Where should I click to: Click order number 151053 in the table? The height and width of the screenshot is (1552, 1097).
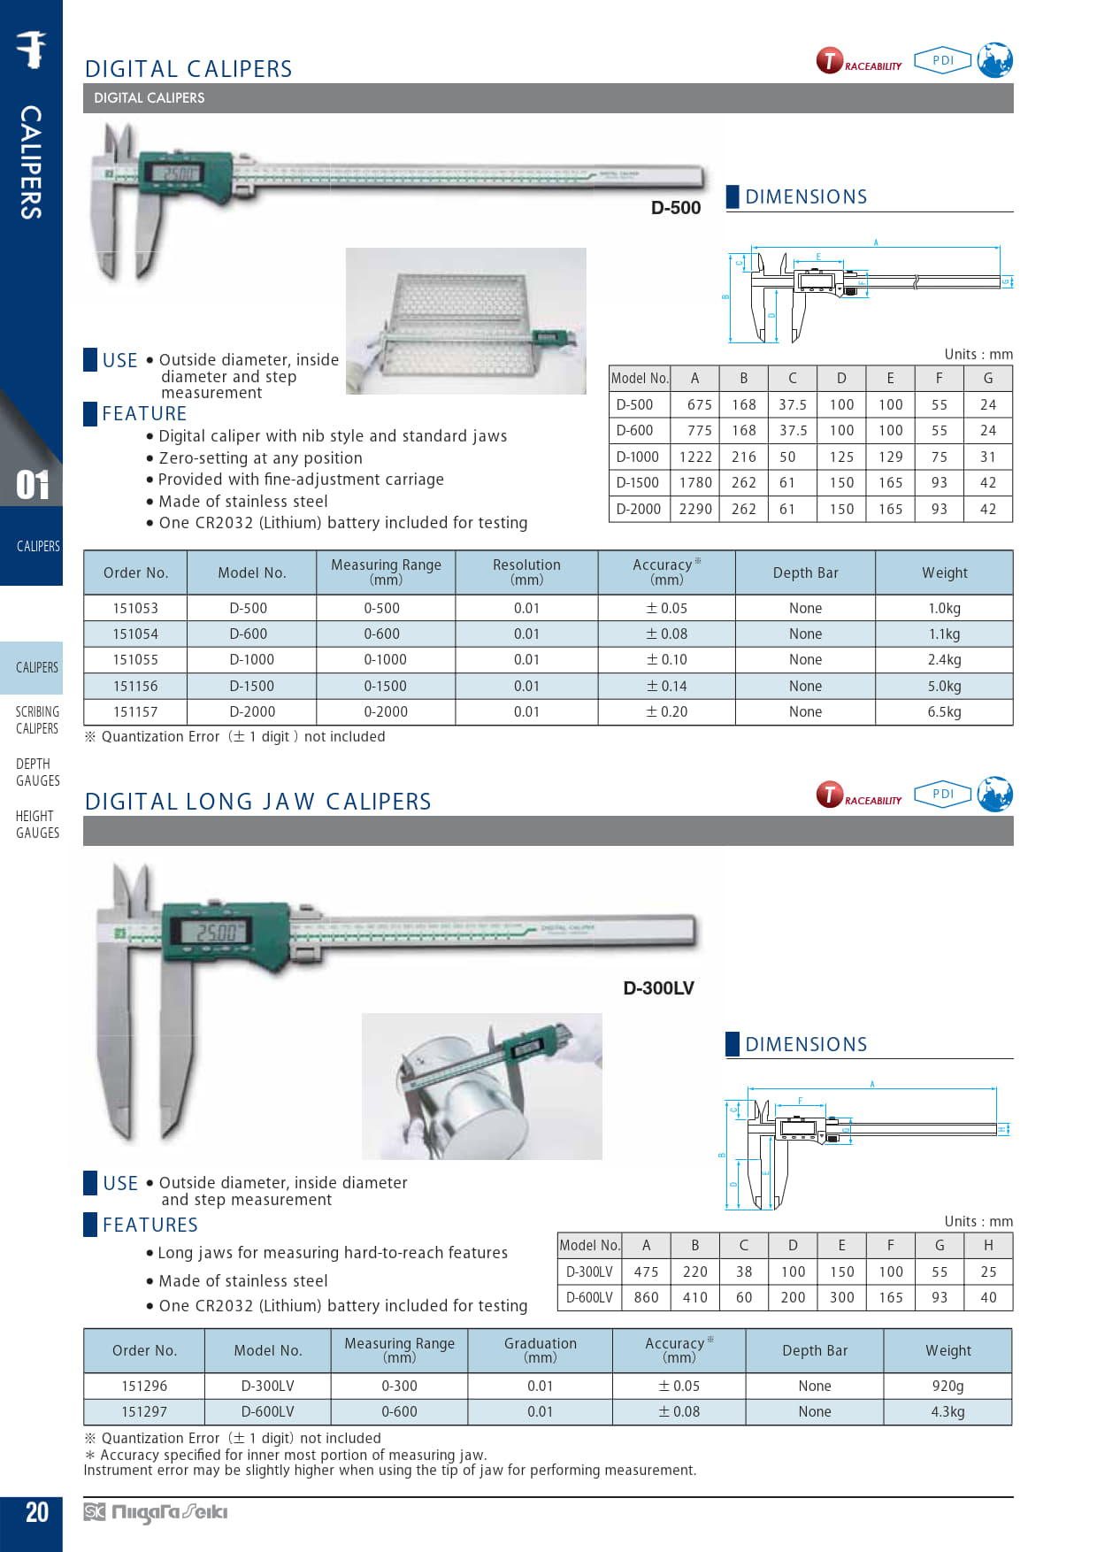135,608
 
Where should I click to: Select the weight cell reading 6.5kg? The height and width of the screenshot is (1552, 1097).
944,711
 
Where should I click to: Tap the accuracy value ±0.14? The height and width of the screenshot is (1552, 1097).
666,686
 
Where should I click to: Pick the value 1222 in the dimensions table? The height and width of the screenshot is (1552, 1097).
695,457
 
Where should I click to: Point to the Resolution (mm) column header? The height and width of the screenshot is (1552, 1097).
526,572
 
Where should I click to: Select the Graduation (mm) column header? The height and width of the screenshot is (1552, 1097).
540,1349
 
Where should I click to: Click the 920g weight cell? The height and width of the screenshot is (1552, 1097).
947,1386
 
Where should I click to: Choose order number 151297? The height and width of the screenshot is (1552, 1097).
144,1411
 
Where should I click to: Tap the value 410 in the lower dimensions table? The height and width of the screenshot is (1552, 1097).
694,1297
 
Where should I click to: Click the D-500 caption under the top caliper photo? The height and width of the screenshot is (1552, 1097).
676,208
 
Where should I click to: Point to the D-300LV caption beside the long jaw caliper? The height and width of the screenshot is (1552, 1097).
658,988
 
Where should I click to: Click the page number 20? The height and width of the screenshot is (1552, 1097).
37,1512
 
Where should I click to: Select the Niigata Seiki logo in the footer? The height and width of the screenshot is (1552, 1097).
156,1512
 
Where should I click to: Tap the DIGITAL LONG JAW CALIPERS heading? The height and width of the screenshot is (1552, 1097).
257,802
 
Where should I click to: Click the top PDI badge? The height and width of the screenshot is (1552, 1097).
942,60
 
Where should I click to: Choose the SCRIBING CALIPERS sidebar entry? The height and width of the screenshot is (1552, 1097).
37,719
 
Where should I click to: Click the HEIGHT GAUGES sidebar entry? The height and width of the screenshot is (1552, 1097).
37,824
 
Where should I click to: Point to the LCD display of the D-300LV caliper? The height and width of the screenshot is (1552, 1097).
215,932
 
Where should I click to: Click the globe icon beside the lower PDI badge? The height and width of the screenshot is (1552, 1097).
995,794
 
